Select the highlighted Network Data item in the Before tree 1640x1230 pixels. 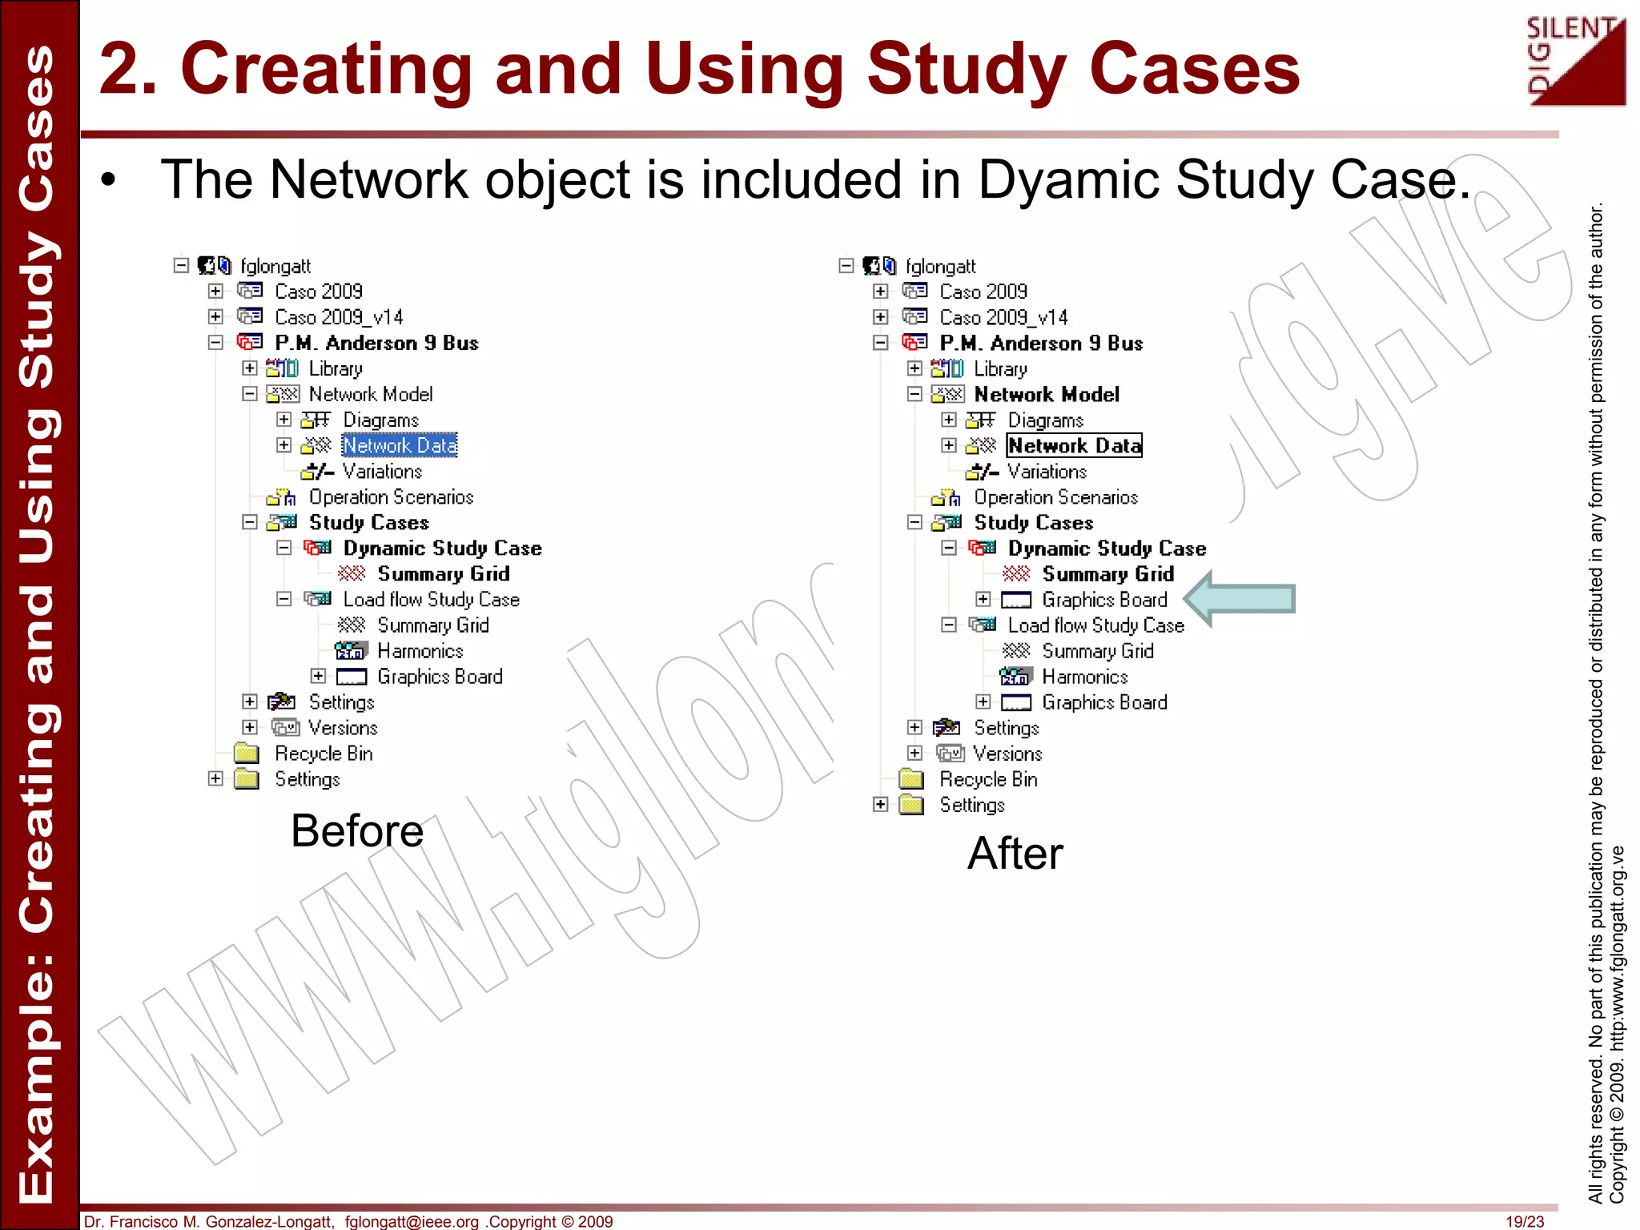pos(400,445)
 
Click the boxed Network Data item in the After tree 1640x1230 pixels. pos(1074,445)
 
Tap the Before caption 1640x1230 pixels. pos(357,830)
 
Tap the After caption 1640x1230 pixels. pos(1015,853)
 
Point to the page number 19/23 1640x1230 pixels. pos(1524,1221)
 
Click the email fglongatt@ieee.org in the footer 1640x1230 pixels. pos(412,1221)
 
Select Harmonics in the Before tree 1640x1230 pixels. pos(420,651)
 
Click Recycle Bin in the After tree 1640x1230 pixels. pos(988,779)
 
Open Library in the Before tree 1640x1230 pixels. pos(336,368)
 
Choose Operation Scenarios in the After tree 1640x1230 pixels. pos(1055,497)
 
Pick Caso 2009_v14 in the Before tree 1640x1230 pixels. pos(339,317)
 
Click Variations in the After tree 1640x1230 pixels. pos(1047,472)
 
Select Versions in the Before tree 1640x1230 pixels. pos(343,728)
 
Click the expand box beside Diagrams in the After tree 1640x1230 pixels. pos(949,420)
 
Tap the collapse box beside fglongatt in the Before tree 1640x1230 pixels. pos(181,265)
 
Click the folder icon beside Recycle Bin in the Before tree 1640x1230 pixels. pos(247,754)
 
